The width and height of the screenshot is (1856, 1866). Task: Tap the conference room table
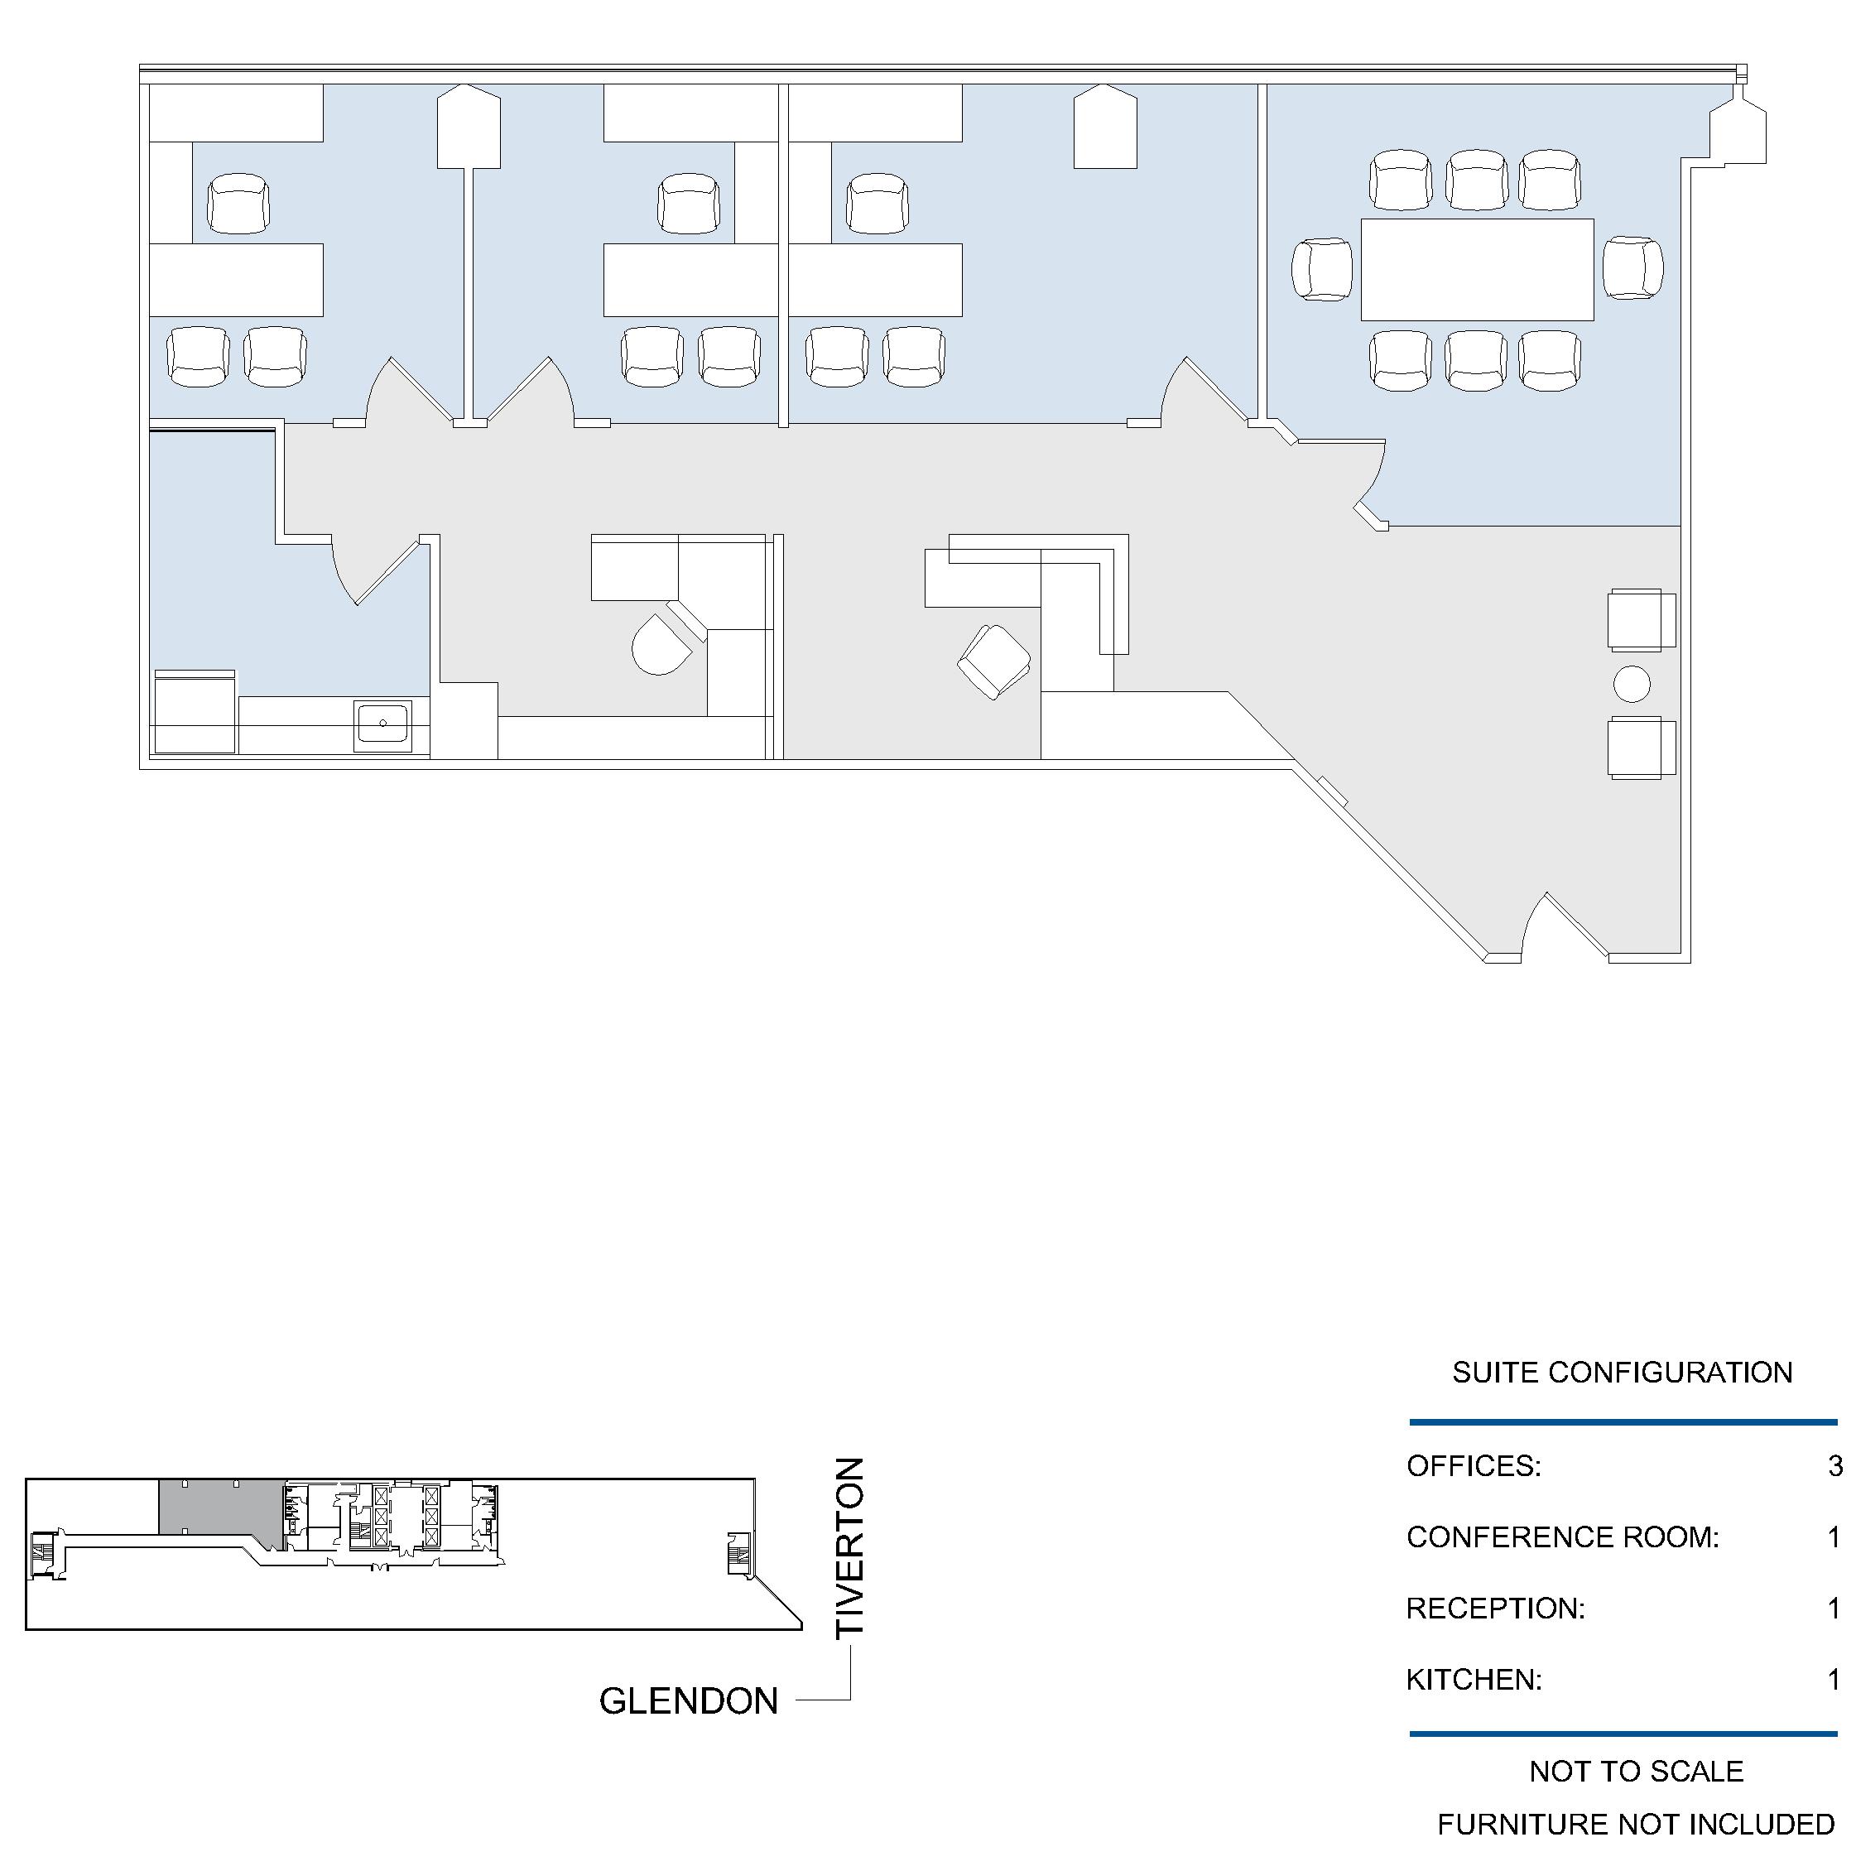coord(1477,270)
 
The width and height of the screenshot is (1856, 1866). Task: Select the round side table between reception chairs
coord(1631,684)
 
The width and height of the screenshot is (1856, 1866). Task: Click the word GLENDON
coord(689,1700)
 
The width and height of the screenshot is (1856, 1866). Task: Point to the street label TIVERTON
coord(849,1547)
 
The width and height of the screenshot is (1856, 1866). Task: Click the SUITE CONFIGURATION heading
coord(1623,1373)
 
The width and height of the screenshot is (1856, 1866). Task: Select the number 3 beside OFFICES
coord(1834,1465)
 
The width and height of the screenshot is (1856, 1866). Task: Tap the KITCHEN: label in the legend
coord(1474,1680)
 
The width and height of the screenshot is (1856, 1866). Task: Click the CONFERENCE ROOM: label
coord(1562,1537)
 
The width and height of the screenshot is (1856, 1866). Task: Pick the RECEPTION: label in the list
coord(1495,1608)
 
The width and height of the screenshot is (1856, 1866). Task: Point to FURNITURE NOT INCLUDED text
coord(1636,1824)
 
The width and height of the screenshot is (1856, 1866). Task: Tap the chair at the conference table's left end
coord(1322,270)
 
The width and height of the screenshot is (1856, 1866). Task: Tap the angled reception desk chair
coord(993,661)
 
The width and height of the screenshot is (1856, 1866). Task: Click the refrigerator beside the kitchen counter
coord(195,712)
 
